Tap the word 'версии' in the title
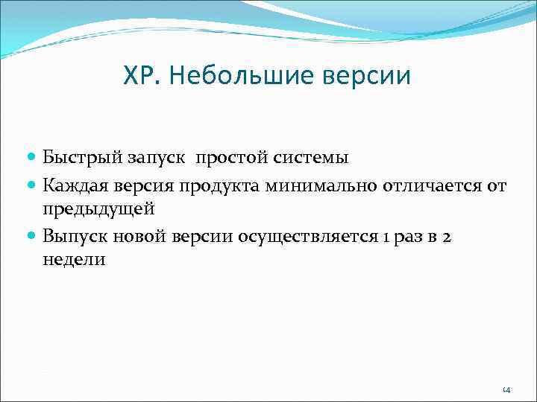[372, 76]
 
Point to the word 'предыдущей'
[98, 209]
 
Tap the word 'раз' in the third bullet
[408, 236]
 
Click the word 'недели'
[75, 261]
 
